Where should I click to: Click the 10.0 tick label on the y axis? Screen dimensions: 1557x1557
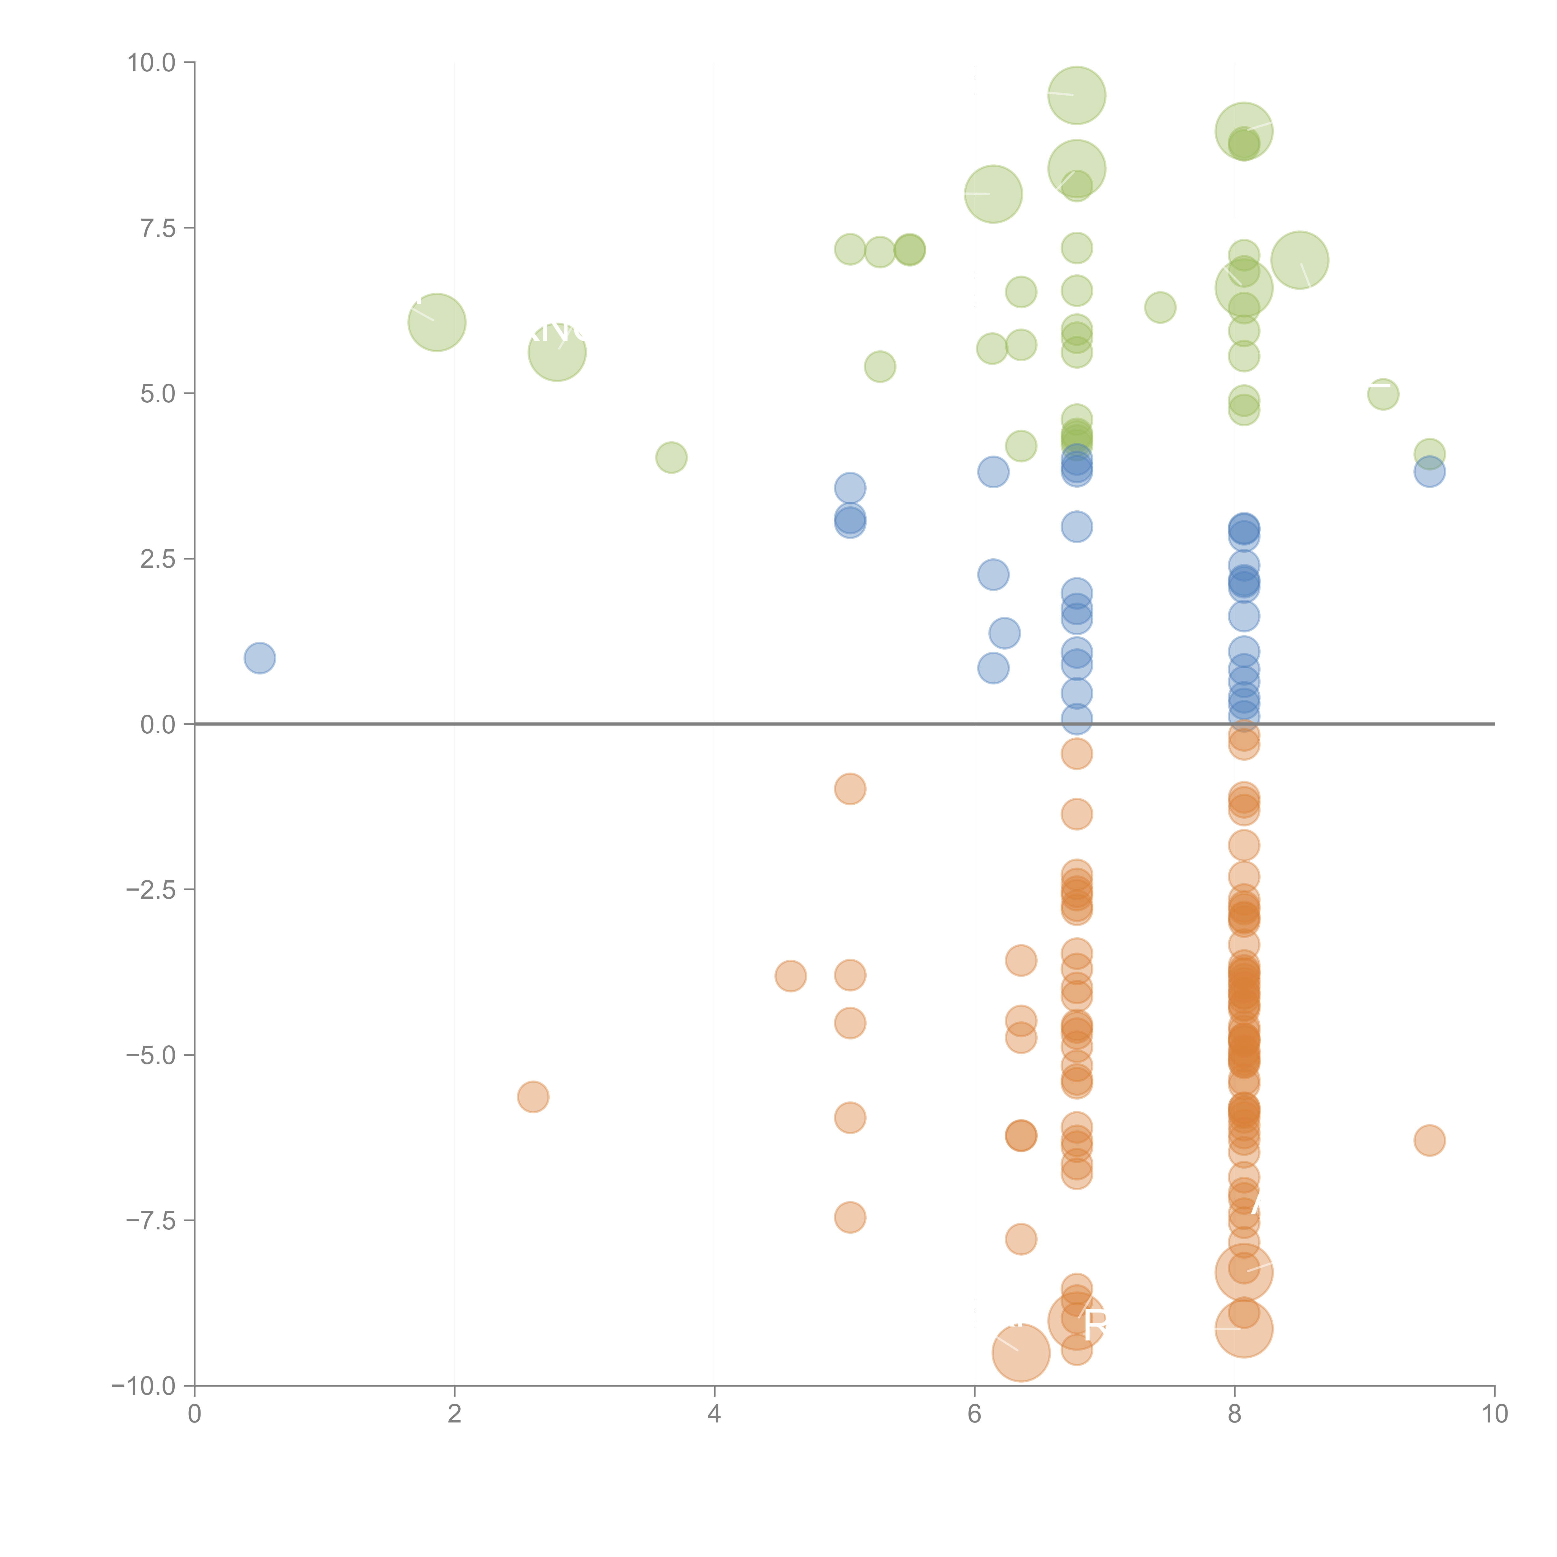(152, 63)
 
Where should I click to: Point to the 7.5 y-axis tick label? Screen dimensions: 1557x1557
(157, 228)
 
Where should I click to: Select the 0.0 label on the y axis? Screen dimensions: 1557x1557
(157, 725)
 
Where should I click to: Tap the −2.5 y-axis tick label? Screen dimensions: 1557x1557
(152, 890)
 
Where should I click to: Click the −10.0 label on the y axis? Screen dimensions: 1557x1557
(145, 1386)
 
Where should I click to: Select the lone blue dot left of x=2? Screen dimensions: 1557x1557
(259, 658)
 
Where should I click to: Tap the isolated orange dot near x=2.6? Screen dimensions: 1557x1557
(533, 1097)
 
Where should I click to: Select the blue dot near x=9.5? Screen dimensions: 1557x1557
(1429, 472)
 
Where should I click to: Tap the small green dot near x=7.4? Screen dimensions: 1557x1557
(1160, 307)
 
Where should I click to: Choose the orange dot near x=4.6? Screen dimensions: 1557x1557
(791, 976)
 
